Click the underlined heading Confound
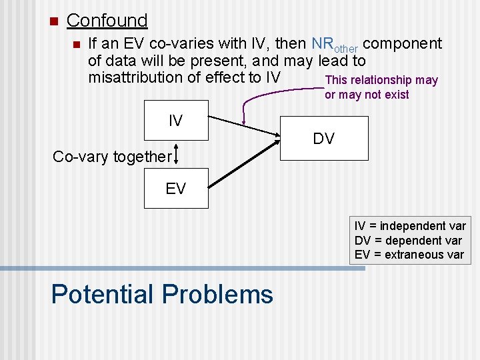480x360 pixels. point(107,21)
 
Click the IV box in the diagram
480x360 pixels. point(176,121)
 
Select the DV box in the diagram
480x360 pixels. point(324,138)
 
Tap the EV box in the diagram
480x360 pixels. point(176,189)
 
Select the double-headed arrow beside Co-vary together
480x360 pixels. point(176,155)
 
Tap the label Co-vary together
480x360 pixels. point(111,157)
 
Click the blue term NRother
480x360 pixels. point(335,45)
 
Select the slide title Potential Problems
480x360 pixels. point(162,294)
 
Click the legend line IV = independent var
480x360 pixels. point(409,226)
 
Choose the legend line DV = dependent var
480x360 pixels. point(407,241)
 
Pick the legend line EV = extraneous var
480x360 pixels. point(409,255)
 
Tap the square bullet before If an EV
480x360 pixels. point(76,45)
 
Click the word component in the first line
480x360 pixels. point(403,44)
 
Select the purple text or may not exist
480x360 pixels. point(367,95)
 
